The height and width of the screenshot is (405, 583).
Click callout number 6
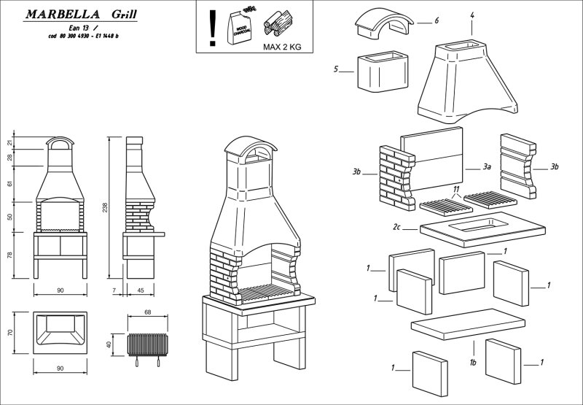point(437,20)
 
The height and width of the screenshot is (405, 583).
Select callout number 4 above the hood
point(472,14)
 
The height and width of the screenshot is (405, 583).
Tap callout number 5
point(336,70)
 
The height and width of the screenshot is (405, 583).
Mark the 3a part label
point(488,167)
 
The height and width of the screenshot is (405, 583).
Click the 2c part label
point(396,228)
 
